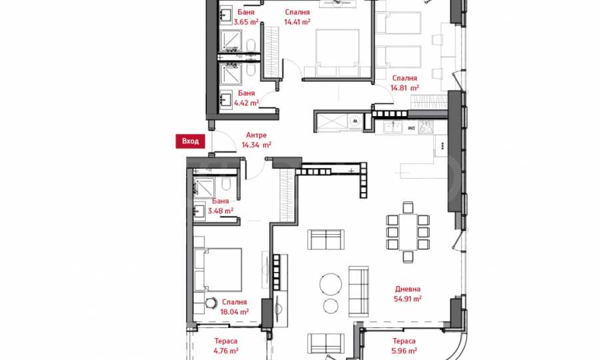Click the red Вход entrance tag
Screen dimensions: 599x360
pos(191,141)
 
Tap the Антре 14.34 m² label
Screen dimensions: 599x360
pos(257,140)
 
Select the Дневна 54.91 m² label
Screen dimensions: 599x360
pos(408,294)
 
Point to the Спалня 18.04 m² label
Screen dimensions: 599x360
pos(234,307)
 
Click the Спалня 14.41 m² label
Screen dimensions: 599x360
pos(297,17)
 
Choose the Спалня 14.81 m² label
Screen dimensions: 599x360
pos(404,83)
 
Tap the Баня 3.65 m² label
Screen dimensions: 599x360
pos(246,17)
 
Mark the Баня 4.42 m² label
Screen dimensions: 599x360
pos(247,98)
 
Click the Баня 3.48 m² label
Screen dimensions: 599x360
pos(221,206)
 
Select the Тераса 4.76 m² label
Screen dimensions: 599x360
pos(226,345)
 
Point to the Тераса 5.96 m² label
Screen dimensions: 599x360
pos(404,345)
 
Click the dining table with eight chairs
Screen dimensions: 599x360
pos(408,232)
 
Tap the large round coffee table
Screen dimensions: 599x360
pos(331,284)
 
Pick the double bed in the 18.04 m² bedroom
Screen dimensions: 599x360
pos(218,270)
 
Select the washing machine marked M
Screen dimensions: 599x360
pos(356,121)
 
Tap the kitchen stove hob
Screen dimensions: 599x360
pos(426,127)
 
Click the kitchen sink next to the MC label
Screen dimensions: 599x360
pos(392,127)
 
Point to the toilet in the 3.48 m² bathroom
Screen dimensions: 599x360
pos(226,185)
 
